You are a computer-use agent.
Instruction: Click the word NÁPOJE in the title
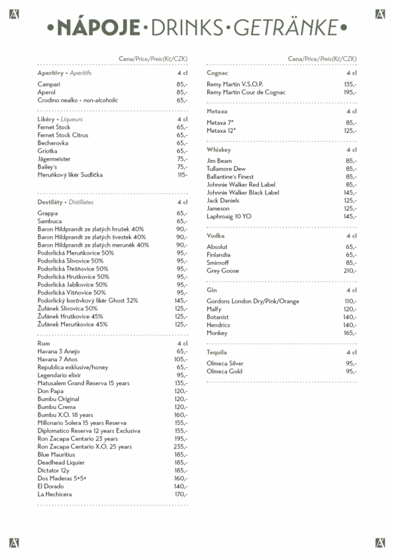(x=98, y=28)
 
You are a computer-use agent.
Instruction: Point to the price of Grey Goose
(x=350, y=271)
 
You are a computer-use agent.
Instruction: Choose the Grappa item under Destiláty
(x=48, y=213)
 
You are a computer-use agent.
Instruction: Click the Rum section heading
(x=44, y=344)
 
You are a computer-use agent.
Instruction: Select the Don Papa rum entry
(x=50, y=391)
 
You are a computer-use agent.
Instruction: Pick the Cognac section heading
(x=218, y=73)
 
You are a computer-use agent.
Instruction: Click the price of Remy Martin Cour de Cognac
(x=350, y=93)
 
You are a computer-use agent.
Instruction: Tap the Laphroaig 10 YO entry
(x=229, y=216)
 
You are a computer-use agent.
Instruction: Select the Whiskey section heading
(x=219, y=150)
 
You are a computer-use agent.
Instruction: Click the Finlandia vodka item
(x=219, y=255)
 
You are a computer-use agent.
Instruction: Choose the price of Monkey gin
(x=350, y=333)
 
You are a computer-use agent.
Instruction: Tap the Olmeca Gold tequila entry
(x=224, y=371)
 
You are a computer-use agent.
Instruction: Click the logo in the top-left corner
(x=14, y=14)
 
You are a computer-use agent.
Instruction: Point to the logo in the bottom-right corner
(x=380, y=543)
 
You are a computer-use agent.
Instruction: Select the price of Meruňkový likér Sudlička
(x=182, y=175)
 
